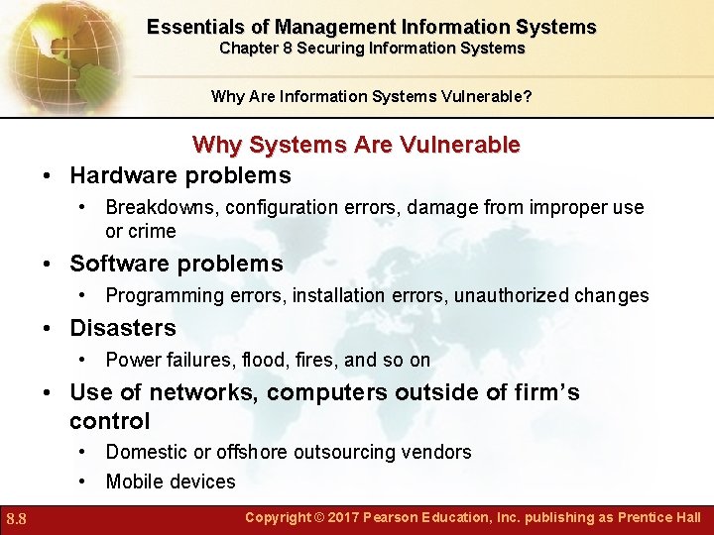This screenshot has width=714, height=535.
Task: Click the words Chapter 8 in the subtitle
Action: pos(256,48)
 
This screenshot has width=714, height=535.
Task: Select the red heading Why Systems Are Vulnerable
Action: pos(356,145)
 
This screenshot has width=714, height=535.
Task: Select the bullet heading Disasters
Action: pos(123,328)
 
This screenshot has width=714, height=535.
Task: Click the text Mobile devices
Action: pos(171,482)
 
